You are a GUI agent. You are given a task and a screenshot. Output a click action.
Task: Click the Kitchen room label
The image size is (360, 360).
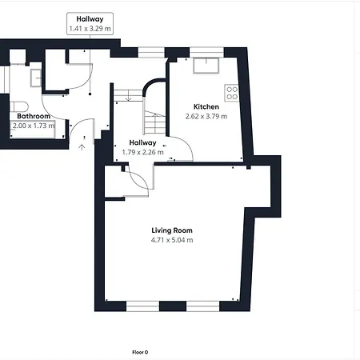point(206,106)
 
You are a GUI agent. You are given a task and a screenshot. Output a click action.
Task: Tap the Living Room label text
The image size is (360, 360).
point(172,230)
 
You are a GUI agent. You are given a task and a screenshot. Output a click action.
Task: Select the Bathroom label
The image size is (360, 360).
point(34,116)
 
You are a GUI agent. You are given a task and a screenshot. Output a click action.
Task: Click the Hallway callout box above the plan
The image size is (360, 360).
point(90,23)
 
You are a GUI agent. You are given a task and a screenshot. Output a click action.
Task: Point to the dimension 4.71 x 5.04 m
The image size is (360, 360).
point(172,240)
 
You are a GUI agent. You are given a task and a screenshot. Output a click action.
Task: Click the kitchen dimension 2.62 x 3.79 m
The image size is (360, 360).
point(206,116)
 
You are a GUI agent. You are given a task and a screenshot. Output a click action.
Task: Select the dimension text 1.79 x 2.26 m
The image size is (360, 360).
point(142,152)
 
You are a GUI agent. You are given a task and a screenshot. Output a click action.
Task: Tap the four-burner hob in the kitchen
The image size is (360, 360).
point(232,93)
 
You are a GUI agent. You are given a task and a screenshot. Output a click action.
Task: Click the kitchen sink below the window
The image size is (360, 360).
point(206,65)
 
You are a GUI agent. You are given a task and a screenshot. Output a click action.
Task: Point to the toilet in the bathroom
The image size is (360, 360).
point(19,106)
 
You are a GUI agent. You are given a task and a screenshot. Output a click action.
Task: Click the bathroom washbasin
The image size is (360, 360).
point(36,78)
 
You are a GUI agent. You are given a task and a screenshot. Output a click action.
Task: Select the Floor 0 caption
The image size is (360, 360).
point(140,352)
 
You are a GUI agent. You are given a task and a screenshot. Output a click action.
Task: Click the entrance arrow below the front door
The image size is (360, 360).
point(82,147)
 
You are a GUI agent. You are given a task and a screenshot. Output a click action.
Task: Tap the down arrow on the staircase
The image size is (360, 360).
point(129,96)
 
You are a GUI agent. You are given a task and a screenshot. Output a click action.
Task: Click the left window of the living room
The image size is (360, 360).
point(142,306)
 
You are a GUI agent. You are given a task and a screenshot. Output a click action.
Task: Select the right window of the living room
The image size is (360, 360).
point(202,306)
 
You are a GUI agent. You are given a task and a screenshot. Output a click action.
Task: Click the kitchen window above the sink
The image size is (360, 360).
point(206,52)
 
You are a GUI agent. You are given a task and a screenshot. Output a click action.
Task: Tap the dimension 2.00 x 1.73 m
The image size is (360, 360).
point(34,126)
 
